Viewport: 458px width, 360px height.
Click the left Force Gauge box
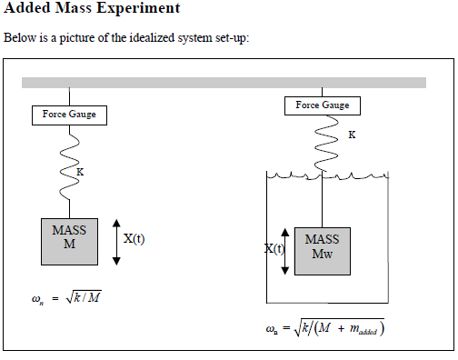tap(69, 115)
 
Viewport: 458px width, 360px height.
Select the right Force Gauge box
tap(323, 105)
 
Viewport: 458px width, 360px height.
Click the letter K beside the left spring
tap(80, 170)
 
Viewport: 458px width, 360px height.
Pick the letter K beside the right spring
tap(352, 135)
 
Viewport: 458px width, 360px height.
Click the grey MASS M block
tap(69, 241)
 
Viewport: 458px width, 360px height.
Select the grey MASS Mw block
tap(323, 250)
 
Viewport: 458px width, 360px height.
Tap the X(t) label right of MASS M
tap(134, 239)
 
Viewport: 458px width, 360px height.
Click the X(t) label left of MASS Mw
tap(274, 248)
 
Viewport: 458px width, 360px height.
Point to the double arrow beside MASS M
tap(116, 242)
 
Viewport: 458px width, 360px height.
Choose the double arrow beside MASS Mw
tap(286, 250)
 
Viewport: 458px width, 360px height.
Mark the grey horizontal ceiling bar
tap(224, 83)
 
